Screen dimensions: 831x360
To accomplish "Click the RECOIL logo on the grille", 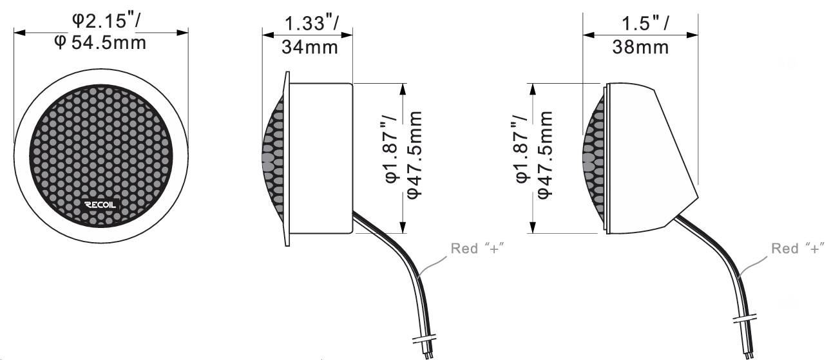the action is pos(100,205).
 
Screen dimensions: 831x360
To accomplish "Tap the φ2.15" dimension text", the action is pos(106,21).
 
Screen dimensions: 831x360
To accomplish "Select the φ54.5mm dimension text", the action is pos(100,43).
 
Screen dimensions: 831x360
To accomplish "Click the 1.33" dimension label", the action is pos(312,23).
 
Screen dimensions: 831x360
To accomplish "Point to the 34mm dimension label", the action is pos(310,48).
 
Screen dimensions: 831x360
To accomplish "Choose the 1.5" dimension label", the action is pos(645,23).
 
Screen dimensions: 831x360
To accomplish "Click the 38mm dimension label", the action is pos(641,48).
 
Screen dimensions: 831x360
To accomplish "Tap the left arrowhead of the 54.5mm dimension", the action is pos(19,33).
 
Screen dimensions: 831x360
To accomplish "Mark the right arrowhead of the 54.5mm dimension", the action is pos(182,33).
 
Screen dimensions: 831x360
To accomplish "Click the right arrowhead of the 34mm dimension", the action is pos(347,35).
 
